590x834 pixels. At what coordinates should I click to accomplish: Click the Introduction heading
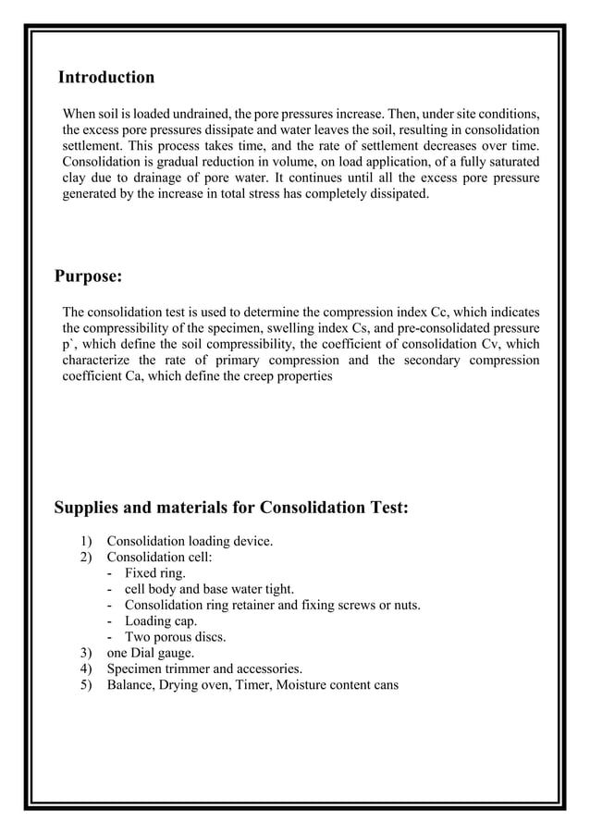tap(105, 77)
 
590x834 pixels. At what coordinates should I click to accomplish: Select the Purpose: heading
tap(88, 276)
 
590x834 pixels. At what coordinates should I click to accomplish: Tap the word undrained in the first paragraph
tap(206, 112)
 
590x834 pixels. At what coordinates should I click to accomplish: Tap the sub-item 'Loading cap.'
tap(161, 621)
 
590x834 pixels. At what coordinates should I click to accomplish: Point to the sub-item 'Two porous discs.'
tap(175, 637)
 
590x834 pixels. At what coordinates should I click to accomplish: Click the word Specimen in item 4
tap(135, 669)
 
